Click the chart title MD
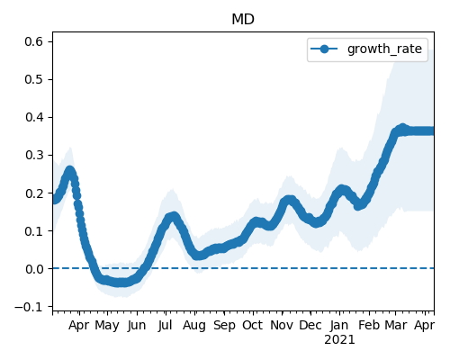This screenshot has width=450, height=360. pyautogui.click(x=243, y=20)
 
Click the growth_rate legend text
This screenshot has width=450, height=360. pyautogui.click(x=384, y=49)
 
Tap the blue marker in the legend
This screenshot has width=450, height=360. pyautogui.click(x=324, y=49)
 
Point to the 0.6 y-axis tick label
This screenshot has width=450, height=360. pyautogui.click(x=33, y=41)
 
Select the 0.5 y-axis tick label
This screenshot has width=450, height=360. pyautogui.click(x=33, y=79)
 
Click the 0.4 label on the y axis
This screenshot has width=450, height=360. pyautogui.click(x=33, y=117)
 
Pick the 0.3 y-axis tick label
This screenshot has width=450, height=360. pyautogui.click(x=33, y=155)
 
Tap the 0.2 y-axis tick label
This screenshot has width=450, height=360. pyautogui.click(x=33, y=193)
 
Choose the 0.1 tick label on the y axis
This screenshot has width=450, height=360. pyautogui.click(x=33, y=231)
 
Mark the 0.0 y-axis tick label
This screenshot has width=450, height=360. pyautogui.click(x=33, y=269)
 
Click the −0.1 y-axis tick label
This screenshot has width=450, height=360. pyautogui.click(x=29, y=307)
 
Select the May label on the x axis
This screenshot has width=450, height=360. pyautogui.click(x=107, y=326)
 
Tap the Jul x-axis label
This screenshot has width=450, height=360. pyautogui.click(x=166, y=325)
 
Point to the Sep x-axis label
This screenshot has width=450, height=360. pyautogui.click(x=224, y=326)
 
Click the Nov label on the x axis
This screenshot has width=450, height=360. pyautogui.click(x=282, y=325)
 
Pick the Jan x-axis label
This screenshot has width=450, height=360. pyautogui.click(x=339, y=325)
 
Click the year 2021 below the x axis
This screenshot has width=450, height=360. pyautogui.click(x=339, y=340)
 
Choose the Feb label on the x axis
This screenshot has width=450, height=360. pyautogui.click(x=369, y=325)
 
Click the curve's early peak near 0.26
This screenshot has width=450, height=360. pyautogui.click(x=70, y=171)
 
